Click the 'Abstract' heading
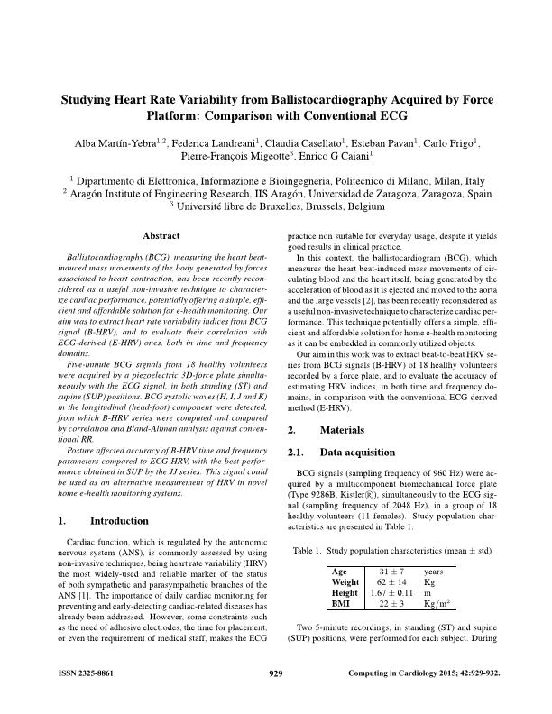pos(161,235)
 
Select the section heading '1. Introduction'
pos(102,521)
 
